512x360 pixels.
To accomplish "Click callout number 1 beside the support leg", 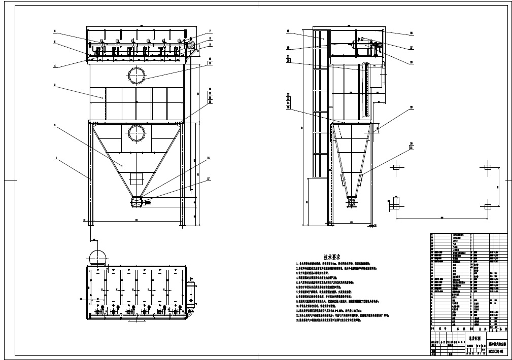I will pyautogui.click(x=56, y=159).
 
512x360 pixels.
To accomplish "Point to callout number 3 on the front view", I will pyautogui.click(x=55, y=85).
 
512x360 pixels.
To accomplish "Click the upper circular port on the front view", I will pyautogui.click(x=136, y=75).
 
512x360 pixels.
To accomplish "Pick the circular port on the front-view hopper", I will pyautogui.click(x=136, y=134).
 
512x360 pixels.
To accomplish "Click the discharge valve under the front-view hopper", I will pyautogui.click(x=138, y=202).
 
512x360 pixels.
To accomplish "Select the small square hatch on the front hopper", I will pyautogui.click(x=136, y=179).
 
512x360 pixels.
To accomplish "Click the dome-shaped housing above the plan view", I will pyautogui.click(x=97, y=257).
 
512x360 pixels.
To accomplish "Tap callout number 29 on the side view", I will pyautogui.click(x=412, y=107).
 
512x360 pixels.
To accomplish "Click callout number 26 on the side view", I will pyautogui.click(x=412, y=33).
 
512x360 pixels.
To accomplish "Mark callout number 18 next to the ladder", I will pyautogui.click(x=288, y=31).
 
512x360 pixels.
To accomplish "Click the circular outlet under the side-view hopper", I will pyautogui.click(x=351, y=202).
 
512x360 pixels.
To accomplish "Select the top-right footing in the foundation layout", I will pyautogui.click(x=488, y=167).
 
